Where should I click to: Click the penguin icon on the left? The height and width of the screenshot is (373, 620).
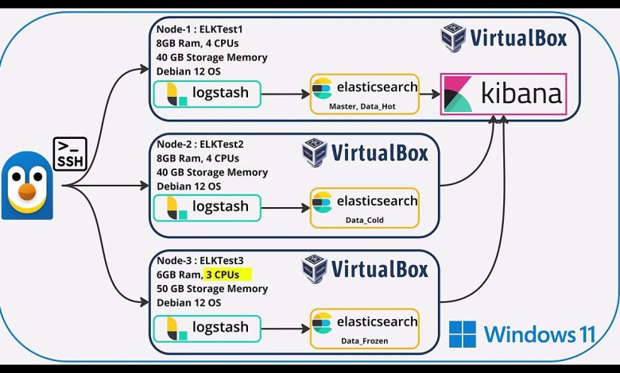(x=27, y=186)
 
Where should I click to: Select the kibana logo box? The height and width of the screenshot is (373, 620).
(x=503, y=94)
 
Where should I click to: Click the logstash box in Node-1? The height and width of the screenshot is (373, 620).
(x=207, y=94)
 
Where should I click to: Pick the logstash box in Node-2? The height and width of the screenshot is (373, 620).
(x=207, y=208)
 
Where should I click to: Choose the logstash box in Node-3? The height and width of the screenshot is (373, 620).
(x=207, y=329)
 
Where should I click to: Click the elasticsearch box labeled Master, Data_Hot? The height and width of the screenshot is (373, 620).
(x=365, y=94)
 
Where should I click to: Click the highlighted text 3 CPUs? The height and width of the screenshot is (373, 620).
(x=227, y=275)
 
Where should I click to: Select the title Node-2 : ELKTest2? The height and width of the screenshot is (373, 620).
(x=200, y=144)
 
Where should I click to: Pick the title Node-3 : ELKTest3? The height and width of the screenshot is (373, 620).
(x=200, y=260)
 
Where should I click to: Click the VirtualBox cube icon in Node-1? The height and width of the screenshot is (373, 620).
(x=453, y=37)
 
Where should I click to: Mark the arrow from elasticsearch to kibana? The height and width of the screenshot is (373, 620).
(x=430, y=94)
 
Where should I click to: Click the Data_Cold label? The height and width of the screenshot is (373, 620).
(x=365, y=220)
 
